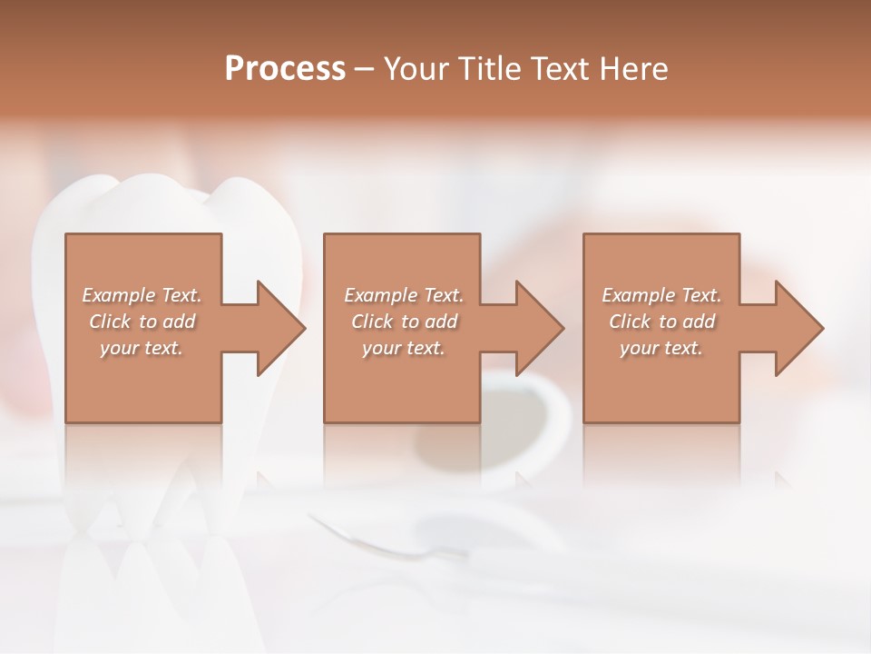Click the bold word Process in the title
(x=285, y=69)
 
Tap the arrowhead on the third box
(x=798, y=328)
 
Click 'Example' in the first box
(x=118, y=295)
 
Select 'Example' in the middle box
(x=380, y=295)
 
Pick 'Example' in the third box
(x=638, y=295)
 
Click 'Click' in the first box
(x=110, y=322)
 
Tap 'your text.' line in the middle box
(x=403, y=348)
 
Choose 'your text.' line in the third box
(x=661, y=348)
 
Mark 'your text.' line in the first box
(x=141, y=348)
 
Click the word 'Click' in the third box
(x=630, y=322)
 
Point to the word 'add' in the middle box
(x=441, y=322)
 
